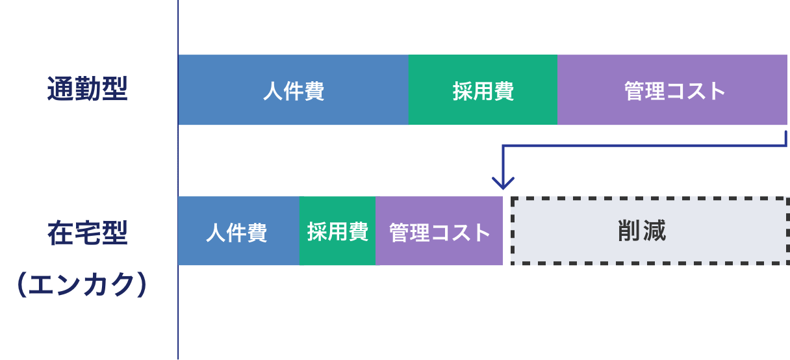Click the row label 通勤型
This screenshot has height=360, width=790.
click(87, 88)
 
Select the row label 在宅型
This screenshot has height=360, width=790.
click(87, 233)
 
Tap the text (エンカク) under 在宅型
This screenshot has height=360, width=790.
click(82, 284)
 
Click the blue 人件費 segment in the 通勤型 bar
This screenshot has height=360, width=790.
click(293, 90)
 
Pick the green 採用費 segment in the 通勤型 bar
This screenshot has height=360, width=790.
click(483, 90)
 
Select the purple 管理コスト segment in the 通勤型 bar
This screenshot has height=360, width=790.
click(672, 90)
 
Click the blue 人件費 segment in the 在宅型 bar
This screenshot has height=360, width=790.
click(239, 231)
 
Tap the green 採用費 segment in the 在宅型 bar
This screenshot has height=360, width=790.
click(338, 231)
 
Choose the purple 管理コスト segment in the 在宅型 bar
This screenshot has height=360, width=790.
click(439, 231)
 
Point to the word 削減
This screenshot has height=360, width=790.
click(642, 231)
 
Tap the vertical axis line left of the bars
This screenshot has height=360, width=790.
click(178, 180)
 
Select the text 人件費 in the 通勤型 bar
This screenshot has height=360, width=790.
click(294, 92)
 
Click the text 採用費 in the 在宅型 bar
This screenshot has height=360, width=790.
click(338, 231)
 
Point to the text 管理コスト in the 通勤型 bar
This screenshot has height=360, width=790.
click(674, 91)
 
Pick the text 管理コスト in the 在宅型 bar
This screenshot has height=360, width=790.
click(439, 233)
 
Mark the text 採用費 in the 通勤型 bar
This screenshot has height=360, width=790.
click(483, 92)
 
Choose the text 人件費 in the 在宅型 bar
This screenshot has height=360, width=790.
click(236, 233)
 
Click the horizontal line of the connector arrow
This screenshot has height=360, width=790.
click(644, 146)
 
